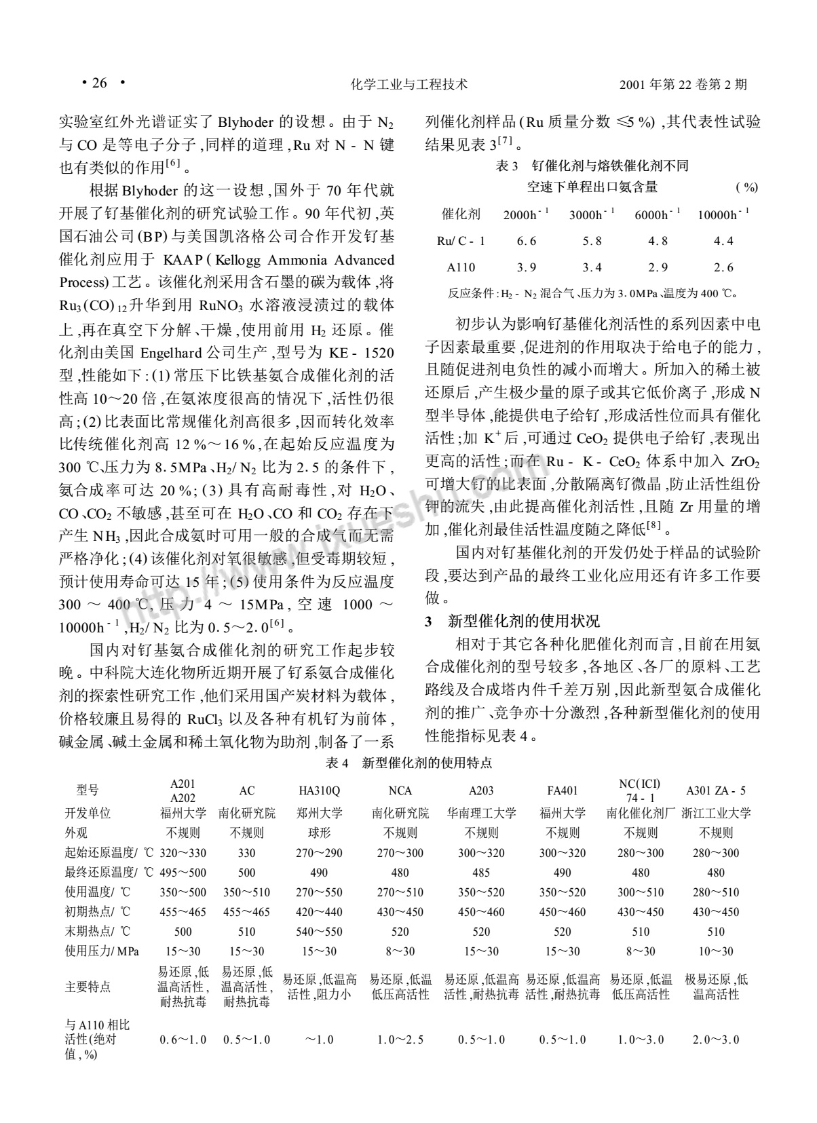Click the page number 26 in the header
99,83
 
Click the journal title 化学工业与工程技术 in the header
408,85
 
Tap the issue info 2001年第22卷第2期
683,85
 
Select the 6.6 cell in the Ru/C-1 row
526,241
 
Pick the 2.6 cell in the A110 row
723,267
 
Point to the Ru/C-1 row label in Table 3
461,241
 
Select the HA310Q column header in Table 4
319,791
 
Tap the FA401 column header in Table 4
563,791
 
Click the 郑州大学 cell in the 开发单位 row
319,813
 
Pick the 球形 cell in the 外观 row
319,833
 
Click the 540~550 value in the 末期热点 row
319,932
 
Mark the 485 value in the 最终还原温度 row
481,873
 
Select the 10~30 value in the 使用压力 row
716,951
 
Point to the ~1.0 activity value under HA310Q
319,1040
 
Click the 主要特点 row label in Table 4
88,987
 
